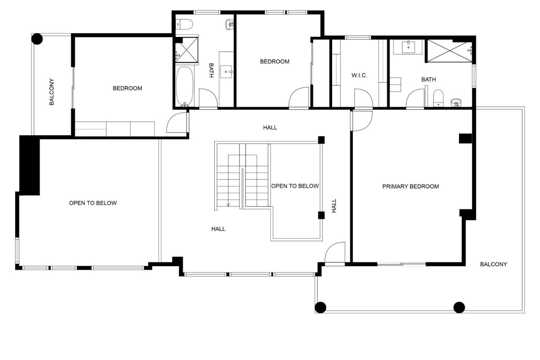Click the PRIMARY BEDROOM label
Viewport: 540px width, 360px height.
[x=410, y=186]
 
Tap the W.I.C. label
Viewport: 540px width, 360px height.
[x=359, y=75]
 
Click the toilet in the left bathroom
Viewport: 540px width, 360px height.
[x=184, y=24]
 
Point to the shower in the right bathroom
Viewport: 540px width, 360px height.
[x=449, y=51]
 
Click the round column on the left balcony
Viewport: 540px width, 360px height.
[x=37, y=39]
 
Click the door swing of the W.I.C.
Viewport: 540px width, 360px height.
[x=363, y=98]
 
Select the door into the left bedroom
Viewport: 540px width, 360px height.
[x=177, y=123]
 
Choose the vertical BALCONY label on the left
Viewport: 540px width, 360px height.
[x=51, y=92]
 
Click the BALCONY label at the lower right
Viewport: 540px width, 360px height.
[x=493, y=264]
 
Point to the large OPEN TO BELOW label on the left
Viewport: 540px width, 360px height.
[x=93, y=203]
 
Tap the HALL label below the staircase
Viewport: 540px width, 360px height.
[x=218, y=229]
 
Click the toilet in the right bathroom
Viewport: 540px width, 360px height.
[x=438, y=98]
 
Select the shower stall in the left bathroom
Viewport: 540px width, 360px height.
[x=187, y=50]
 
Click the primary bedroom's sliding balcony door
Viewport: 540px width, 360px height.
[x=401, y=264]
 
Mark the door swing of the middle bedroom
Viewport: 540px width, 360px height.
[x=299, y=98]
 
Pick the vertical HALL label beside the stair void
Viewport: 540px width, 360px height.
[x=334, y=206]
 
